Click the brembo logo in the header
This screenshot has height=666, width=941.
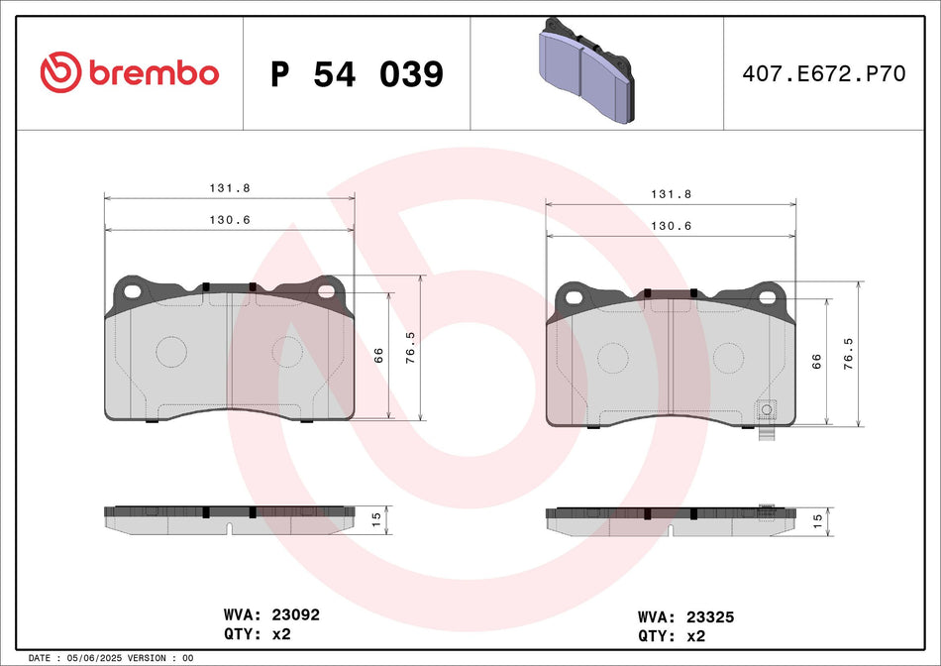129,72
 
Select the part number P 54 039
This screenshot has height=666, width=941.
357,74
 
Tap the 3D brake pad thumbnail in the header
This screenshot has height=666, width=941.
583,70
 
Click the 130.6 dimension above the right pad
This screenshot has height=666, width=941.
671,226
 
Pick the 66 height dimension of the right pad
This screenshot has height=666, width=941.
817,362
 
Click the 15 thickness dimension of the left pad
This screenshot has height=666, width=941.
375,516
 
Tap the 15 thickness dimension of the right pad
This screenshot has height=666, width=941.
817,517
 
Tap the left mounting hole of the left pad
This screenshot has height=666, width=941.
132,290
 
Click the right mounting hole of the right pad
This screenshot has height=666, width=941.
767,296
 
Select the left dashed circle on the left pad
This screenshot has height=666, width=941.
171,351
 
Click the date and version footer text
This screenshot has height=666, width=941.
111,658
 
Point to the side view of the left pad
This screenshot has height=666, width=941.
230,516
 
